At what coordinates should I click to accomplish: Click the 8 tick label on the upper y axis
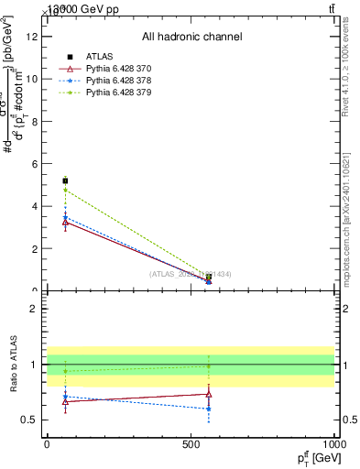pos(33,121)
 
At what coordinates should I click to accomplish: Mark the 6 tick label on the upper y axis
pos(33,164)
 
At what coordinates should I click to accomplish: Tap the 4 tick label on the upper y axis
pos(33,206)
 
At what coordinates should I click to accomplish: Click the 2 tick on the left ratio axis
pos(33,309)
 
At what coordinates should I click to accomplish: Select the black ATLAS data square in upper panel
pos(65,180)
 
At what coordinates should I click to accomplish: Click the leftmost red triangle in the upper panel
pos(65,222)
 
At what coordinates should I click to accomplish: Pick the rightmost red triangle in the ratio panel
pos(209,394)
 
